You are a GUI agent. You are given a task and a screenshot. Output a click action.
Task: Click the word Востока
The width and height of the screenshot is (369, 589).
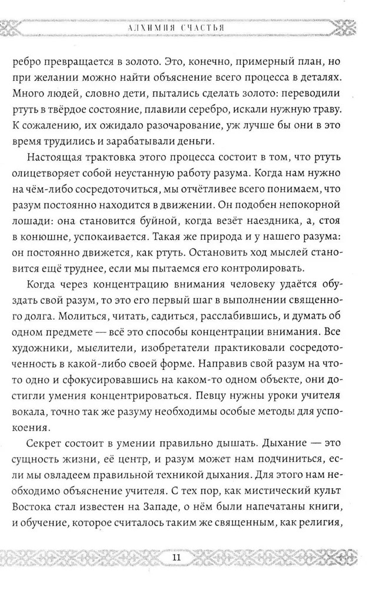tap(39, 534)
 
